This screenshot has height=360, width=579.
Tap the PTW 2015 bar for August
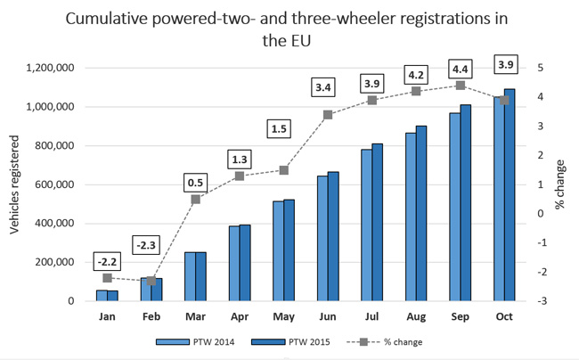[422, 213]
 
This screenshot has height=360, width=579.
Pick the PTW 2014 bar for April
[234, 263]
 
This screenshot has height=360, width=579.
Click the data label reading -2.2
[107, 261]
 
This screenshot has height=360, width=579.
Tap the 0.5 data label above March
[196, 184]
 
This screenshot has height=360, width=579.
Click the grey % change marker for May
[283, 170]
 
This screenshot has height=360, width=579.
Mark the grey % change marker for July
[371, 100]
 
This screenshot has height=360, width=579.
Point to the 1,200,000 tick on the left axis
[59, 68]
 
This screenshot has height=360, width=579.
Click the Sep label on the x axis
[460, 316]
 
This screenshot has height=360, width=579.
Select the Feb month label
[151, 316]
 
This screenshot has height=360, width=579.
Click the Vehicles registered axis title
[14, 184]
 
